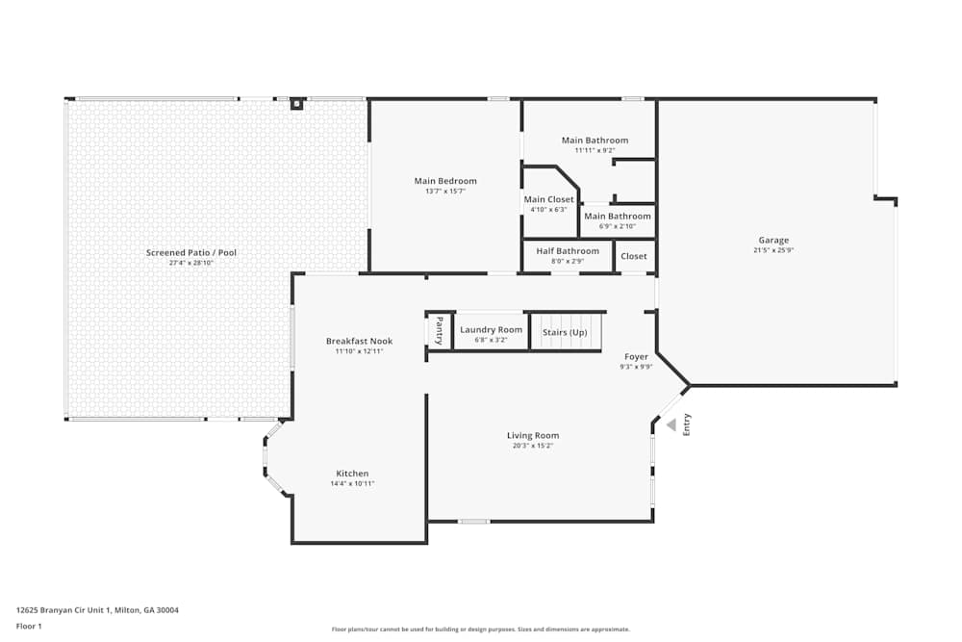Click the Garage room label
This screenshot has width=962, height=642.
click(x=772, y=240)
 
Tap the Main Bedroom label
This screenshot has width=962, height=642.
click(x=445, y=181)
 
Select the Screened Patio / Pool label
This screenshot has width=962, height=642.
click(x=190, y=252)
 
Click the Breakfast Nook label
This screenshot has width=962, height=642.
click(x=359, y=341)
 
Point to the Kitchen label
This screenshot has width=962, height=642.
click(x=352, y=474)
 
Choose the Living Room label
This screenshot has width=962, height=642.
click(x=533, y=435)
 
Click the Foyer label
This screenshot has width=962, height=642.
click(x=636, y=356)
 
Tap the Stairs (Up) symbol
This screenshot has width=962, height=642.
click(x=565, y=333)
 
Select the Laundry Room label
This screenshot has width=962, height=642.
click(x=491, y=329)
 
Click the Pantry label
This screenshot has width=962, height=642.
click(x=440, y=330)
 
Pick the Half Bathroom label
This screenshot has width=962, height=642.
click(x=567, y=251)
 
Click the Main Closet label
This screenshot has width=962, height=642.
click(x=548, y=199)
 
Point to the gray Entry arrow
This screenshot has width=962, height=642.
click(x=671, y=424)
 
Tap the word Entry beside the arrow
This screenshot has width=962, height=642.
click(x=687, y=424)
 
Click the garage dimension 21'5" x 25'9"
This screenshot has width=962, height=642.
click(x=772, y=250)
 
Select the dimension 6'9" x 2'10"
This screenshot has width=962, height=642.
click(x=617, y=226)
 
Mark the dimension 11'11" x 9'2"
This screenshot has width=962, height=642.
click(x=595, y=150)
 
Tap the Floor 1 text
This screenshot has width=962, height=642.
click(x=29, y=626)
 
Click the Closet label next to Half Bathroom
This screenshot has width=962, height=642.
click(x=634, y=256)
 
